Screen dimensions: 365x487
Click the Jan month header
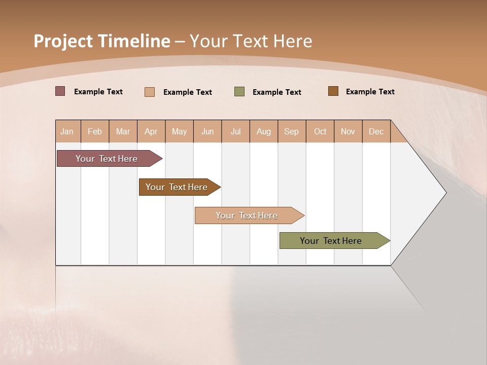67,131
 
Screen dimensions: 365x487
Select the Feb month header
95,131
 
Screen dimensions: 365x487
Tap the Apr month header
151,131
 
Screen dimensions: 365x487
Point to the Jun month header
207,131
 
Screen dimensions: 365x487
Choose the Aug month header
264,131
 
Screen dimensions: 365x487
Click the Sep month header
292,131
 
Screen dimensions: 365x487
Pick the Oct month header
320,131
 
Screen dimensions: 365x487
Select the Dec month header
376,131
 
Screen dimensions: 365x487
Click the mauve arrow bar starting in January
107,159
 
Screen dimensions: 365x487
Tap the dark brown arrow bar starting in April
177,187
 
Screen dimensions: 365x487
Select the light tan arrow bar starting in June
247,215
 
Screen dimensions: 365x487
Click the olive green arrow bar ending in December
331,241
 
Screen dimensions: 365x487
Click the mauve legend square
60,91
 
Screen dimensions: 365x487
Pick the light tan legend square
150,92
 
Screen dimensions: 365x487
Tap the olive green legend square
239,92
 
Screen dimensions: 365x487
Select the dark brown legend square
333,91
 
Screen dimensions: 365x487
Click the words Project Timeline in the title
101,41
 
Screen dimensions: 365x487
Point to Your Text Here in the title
251,41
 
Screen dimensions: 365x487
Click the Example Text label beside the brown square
370,92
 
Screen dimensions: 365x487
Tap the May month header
179,131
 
